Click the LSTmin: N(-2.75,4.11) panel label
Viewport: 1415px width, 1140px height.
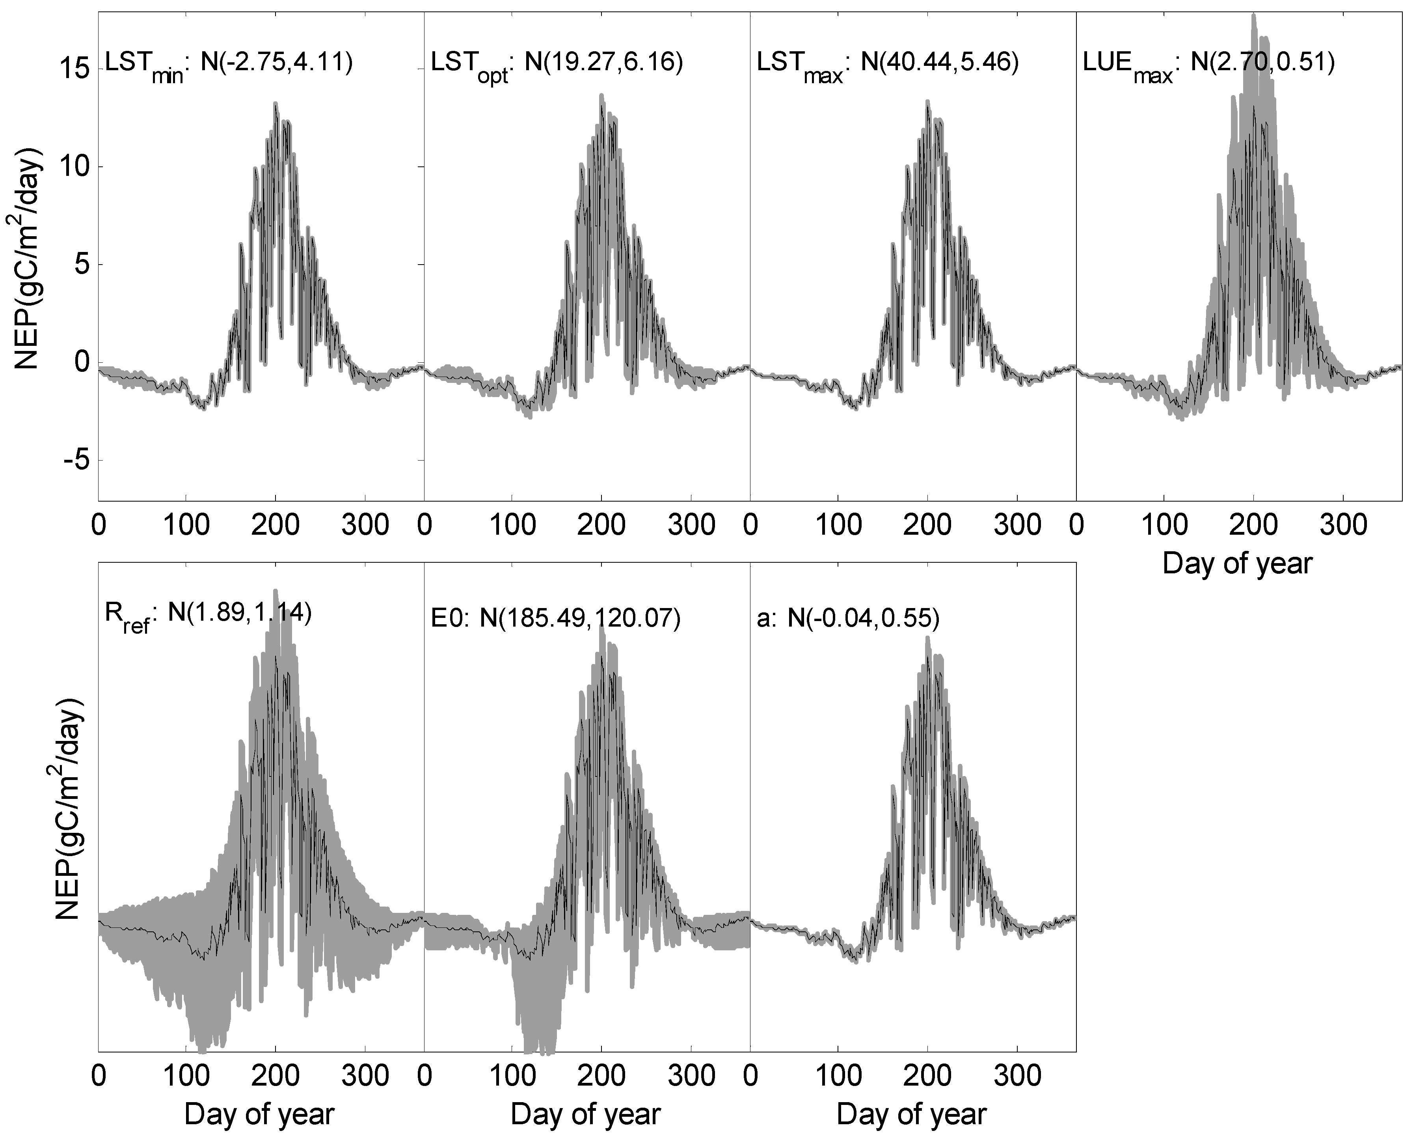pyautogui.click(x=228, y=64)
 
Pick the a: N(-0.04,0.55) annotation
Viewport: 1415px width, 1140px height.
pyautogui.click(x=847, y=619)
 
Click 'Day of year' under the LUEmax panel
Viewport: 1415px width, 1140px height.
pyautogui.click(x=1237, y=563)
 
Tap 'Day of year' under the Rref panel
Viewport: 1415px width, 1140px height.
pyautogui.click(x=259, y=1114)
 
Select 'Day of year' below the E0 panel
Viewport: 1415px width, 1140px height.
pyautogui.click(x=585, y=1114)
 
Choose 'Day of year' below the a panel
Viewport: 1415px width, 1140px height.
pyautogui.click(x=912, y=1114)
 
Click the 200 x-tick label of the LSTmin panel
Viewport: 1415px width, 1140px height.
pyautogui.click(x=276, y=525)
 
